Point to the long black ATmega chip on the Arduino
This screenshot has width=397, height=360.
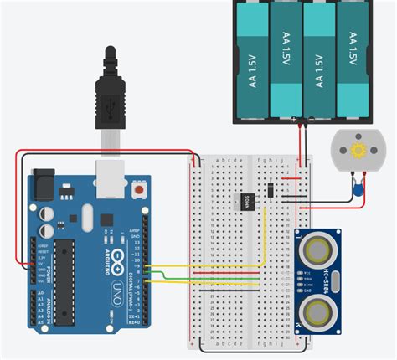coord(68,277)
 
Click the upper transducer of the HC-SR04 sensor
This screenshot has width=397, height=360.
coord(318,248)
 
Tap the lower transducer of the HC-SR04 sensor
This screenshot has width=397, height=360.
coord(318,312)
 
